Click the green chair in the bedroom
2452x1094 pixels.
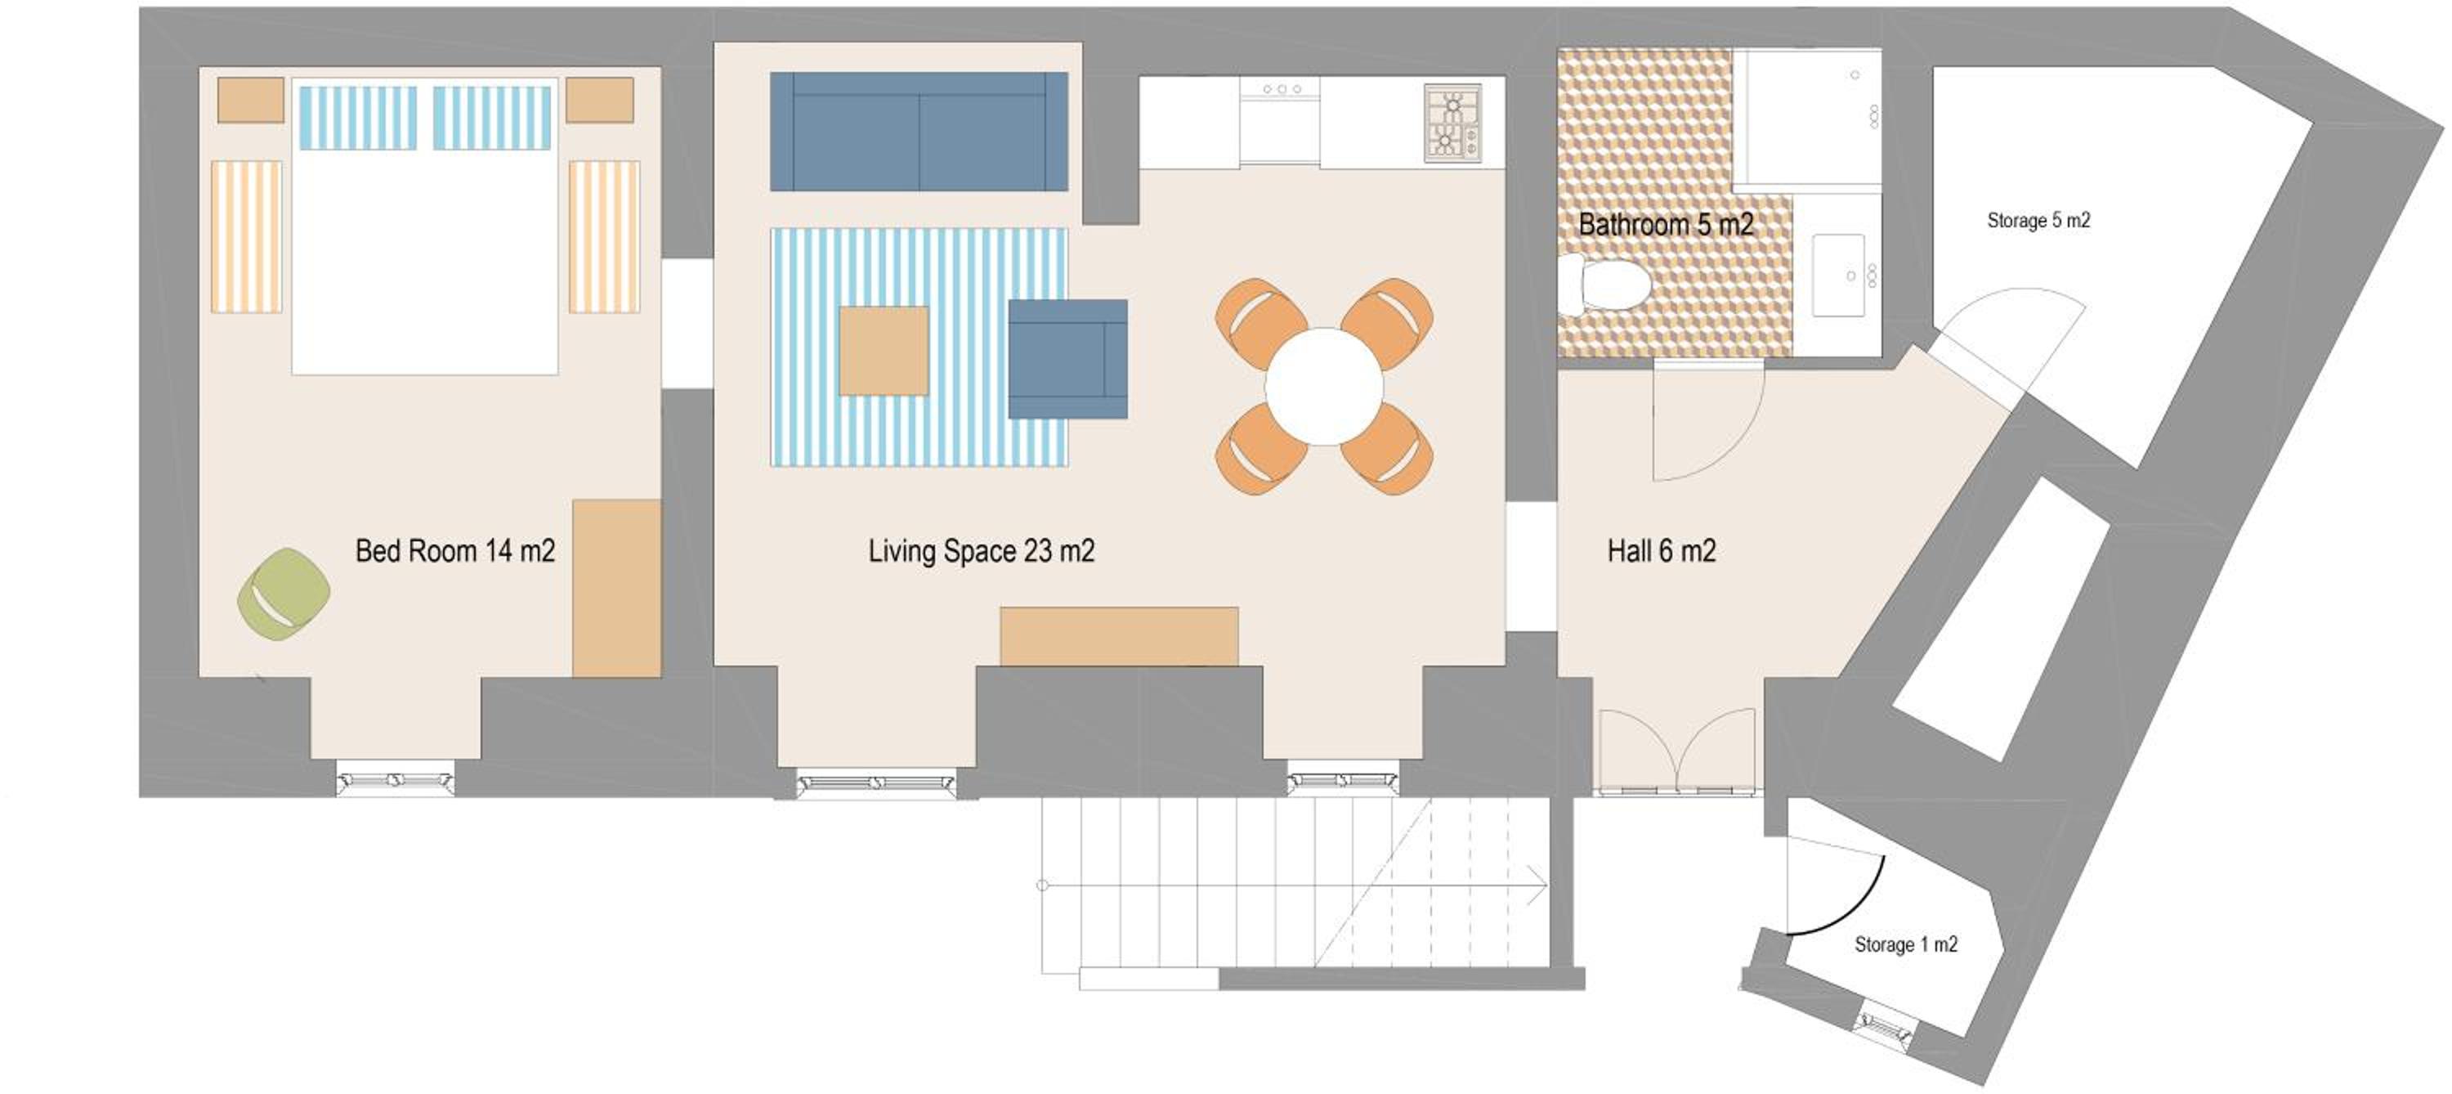coord(284,593)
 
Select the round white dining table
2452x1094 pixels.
coord(1323,387)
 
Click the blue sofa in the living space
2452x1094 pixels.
coord(919,132)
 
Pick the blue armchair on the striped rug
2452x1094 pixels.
coord(1068,359)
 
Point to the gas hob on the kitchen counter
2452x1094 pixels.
coord(1452,123)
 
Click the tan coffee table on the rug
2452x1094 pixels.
coord(884,351)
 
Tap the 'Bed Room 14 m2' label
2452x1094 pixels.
coord(455,551)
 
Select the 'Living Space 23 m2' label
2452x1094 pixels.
coord(982,551)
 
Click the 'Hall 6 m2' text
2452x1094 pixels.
coord(1662,551)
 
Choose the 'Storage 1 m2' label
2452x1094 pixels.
coord(1906,944)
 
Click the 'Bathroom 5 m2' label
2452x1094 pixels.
coord(1666,225)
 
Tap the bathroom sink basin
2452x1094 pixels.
coord(1838,276)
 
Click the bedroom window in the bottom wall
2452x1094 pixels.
coord(395,780)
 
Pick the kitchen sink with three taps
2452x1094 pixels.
coord(1279,120)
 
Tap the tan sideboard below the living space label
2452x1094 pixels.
coord(1118,636)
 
